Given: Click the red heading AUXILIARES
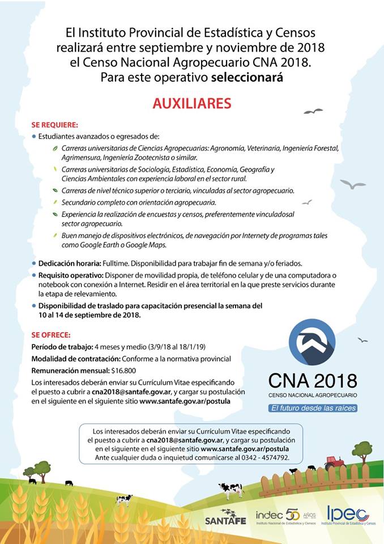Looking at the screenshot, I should (191, 104).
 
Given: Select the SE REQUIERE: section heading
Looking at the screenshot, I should (55, 125).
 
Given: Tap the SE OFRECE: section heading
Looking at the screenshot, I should (51, 335).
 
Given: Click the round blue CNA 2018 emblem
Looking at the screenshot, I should (312, 342).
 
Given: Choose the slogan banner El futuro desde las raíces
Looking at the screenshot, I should (313, 408).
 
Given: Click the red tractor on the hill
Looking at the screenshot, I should (334, 462).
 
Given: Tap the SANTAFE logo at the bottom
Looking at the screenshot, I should (225, 517).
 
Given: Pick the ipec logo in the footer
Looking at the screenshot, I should (347, 515).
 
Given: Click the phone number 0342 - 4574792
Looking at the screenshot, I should (264, 457).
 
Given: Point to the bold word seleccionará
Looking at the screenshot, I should (246, 78).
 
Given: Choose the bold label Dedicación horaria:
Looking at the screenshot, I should (70, 263).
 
